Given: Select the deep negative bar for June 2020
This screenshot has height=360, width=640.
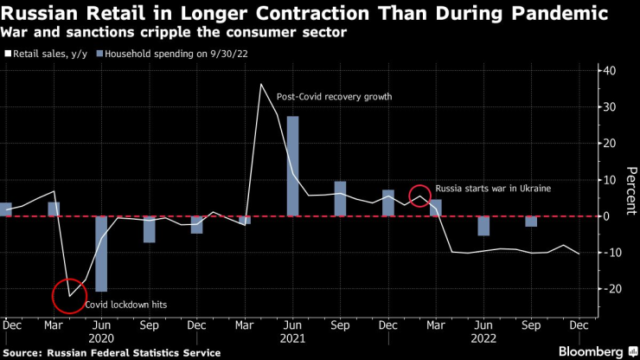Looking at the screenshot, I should [x=102, y=254].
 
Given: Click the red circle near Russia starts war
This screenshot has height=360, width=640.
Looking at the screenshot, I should [x=420, y=196].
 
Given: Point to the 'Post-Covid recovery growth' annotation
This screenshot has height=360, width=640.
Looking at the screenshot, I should [x=334, y=97].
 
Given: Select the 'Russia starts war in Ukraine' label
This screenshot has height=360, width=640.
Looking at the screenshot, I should [x=493, y=188].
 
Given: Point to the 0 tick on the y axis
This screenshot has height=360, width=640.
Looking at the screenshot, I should [x=609, y=215].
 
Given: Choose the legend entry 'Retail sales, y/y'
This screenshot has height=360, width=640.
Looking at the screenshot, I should [x=48, y=54].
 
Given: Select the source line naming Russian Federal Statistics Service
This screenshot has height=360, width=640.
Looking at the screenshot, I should [x=112, y=352].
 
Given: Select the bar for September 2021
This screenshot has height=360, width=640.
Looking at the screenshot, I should [x=340, y=199].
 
